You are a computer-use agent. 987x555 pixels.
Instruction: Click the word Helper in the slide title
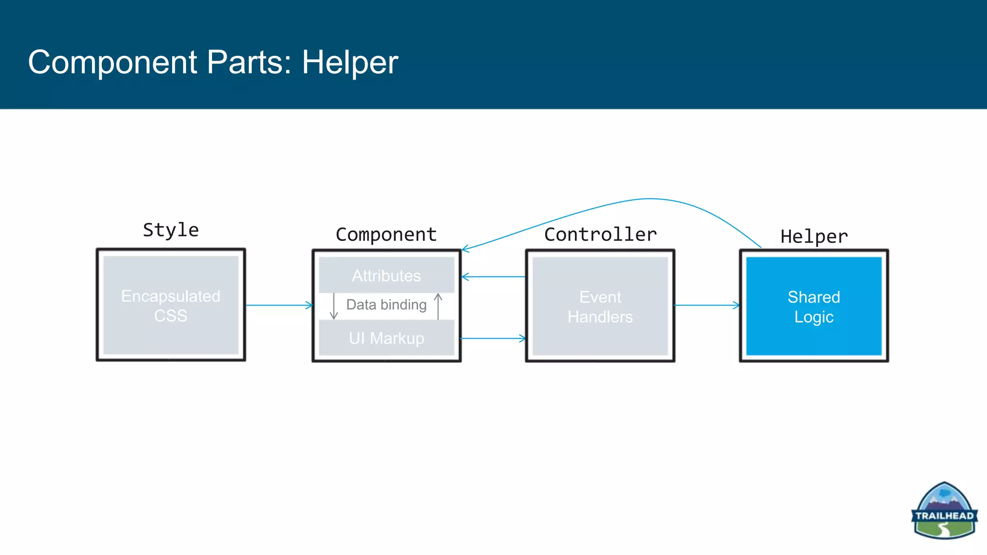[x=350, y=63]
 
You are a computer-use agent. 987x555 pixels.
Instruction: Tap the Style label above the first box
[x=171, y=230]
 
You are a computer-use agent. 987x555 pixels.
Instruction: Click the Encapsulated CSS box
[x=171, y=305]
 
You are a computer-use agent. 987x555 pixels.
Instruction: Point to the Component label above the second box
[x=386, y=235]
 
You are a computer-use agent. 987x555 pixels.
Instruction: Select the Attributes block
[x=387, y=276]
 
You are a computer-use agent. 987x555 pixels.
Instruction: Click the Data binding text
[x=387, y=305]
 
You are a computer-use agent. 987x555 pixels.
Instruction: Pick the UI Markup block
[x=387, y=338]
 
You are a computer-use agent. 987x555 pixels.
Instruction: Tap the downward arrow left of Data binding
[x=333, y=306]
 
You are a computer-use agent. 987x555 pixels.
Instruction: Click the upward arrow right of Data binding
[x=438, y=306]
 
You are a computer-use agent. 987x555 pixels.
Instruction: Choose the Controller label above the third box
[x=600, y=235]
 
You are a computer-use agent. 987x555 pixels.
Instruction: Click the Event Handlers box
[x=600, y=306]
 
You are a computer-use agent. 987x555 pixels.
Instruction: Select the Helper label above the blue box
[x=814, y=237]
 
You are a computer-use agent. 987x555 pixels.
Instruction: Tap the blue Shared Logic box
[x=814, y=306]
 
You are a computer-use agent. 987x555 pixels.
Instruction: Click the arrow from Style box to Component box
[x=279, y=305]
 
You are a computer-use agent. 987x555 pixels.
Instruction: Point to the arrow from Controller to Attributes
[x=493, y=277]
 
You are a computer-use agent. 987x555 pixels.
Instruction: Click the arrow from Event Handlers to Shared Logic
[x=707, y=305]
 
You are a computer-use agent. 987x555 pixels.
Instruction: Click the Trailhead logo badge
[x=944, y=511]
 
